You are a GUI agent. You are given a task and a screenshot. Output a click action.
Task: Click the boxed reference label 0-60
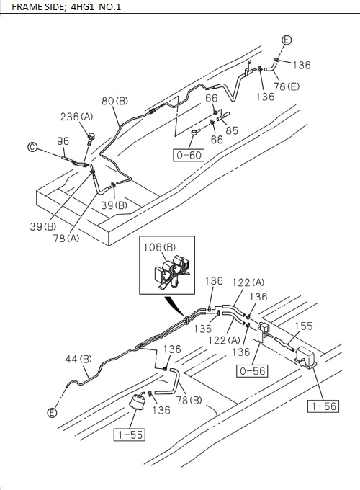(x=189, y=156)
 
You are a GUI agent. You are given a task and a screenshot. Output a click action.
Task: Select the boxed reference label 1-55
(x=130, y=435)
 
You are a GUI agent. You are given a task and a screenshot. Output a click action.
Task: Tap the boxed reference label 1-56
(x=323, y=406)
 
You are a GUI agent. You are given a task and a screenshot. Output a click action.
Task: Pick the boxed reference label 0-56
(x=252, y=371)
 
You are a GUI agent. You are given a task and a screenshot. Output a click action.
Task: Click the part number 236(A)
(x=77, y=117)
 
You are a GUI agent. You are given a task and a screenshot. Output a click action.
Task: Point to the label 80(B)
(x=115, y=102)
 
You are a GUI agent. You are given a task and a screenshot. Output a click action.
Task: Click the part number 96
(x=63, y=141)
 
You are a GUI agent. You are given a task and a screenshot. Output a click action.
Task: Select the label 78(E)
(x=287, y=86)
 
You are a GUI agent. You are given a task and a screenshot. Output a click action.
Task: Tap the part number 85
(x=232, y=130)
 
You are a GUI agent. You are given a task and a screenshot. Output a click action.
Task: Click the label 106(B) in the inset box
(x=160, y=247)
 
